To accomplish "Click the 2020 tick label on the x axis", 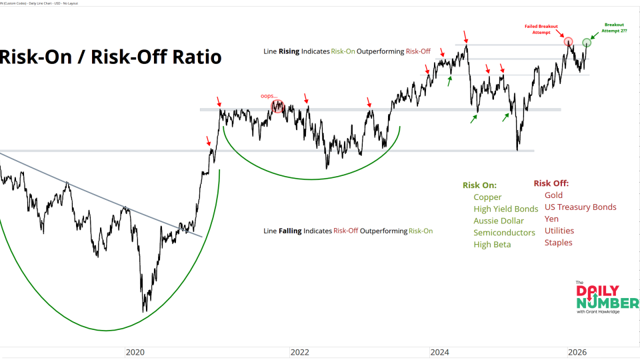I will click(135, 351).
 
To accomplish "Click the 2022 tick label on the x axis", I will click(299, 351).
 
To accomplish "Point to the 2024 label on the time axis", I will click(439, 351).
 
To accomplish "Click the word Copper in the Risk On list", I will click(487, 197).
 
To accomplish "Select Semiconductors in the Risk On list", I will click(504, 233).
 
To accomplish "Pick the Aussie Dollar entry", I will click(499, 221).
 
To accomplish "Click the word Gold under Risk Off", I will click(553, 195).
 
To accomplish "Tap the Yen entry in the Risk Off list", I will click(551, 219).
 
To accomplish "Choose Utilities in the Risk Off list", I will click(559, 231).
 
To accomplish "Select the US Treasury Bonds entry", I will click(580, 207).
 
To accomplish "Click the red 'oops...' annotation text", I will click(269, 96).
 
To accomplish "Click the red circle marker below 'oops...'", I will click(278, 106).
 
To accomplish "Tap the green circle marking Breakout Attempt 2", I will click(587, 43).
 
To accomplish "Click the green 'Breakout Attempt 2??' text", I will click(615, 27).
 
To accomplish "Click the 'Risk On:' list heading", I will click(479, 185).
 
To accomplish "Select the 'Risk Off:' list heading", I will click(551, 183).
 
